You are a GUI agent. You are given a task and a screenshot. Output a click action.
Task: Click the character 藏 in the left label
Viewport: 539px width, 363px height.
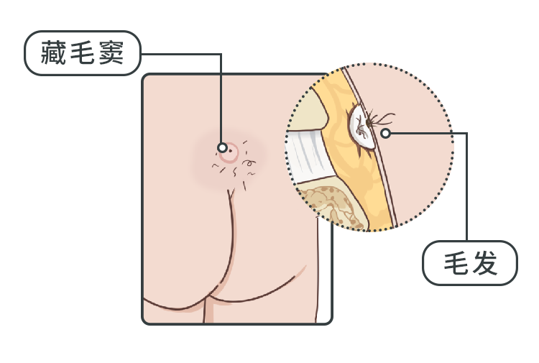click(53, 52)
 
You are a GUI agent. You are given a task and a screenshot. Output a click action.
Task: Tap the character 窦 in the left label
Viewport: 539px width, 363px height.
click(111, 52)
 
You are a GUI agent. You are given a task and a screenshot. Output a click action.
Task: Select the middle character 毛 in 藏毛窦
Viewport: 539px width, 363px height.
click(83, 52)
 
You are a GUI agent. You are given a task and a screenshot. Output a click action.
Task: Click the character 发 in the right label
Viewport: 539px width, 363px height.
click(484, 263)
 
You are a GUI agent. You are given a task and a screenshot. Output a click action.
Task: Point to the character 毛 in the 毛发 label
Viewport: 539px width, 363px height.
click(456, 263)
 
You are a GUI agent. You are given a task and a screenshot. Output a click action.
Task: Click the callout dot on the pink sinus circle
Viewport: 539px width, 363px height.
click(222, 148)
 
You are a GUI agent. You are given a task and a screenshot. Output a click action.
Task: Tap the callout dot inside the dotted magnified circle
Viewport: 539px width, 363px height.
click(386, 133)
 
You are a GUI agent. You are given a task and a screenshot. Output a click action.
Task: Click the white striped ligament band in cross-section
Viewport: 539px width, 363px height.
click(308, 155)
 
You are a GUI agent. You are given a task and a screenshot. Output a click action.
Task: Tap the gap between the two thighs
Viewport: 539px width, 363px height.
click(208, 311)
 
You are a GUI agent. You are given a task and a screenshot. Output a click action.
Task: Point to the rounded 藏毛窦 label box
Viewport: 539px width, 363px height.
click(83, 53)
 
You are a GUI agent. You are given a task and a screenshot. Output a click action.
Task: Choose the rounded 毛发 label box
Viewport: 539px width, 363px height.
click(470, 263)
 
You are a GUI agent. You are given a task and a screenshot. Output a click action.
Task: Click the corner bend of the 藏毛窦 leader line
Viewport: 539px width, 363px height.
click(221, 54)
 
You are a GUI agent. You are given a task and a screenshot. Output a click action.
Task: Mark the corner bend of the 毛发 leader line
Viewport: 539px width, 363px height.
click(466, 133)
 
